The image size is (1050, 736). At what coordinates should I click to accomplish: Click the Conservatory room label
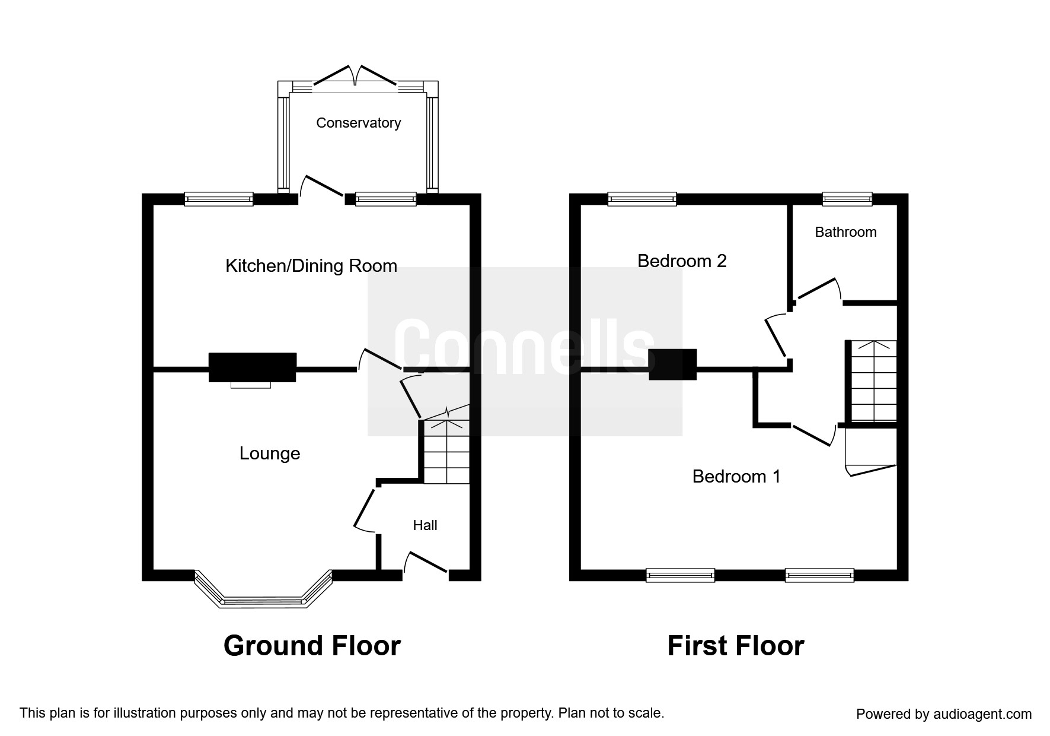(x=358, y=123)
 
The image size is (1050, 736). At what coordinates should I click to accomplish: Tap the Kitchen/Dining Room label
(x=311, y=266)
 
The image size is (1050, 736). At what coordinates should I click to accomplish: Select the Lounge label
(x=270, y=453)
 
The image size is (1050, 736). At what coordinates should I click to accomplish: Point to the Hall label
(x=425, y=525)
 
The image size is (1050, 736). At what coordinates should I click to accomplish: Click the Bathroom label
(x=845, y=232)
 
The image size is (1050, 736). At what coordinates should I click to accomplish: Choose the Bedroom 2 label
(x=682, y=261)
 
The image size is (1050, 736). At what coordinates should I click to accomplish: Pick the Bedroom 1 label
(x=736, y=476)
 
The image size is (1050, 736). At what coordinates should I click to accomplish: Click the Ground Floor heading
(x=312, y=646)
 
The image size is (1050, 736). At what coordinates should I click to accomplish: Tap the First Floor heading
(x=736, y=646)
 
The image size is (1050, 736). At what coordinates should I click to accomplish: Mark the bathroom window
(x=847, y=199)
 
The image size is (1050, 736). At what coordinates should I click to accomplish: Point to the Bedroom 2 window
(x=642, y=199)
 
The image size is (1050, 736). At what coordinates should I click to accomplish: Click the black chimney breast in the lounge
(x=252, y=367)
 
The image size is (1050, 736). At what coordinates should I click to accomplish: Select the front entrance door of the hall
(x=426, y=563)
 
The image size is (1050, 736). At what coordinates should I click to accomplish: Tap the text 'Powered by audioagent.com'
(x=944, y=714)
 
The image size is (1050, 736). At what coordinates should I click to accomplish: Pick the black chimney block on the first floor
(x=672, y=364)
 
